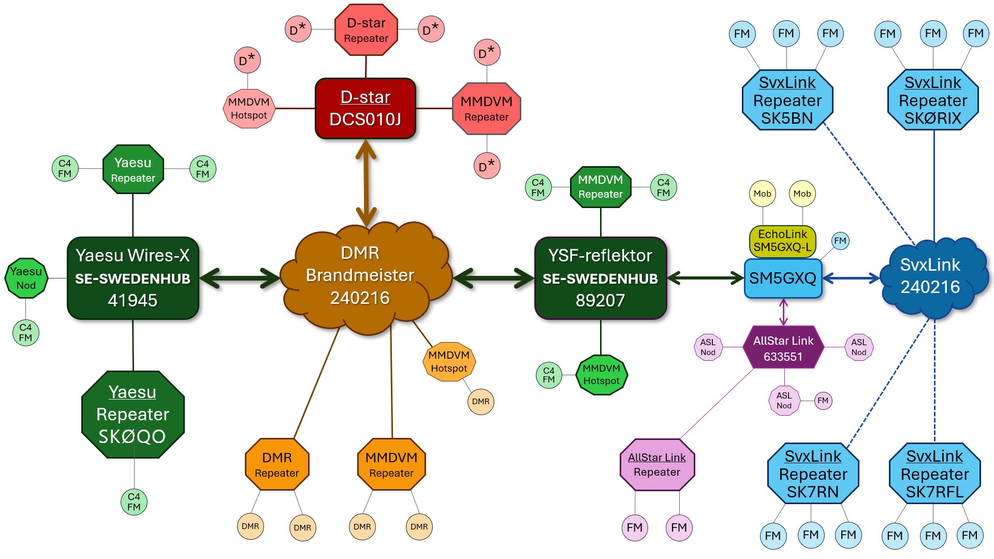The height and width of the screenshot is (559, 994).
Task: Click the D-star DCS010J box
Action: [366, 109]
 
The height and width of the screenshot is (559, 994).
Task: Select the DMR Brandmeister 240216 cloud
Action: [360, 276]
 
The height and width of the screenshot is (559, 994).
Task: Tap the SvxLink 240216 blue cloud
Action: [930, 276]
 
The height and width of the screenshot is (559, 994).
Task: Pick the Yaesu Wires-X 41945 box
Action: [133, 278]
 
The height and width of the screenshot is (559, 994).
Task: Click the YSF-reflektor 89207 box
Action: [601, 278]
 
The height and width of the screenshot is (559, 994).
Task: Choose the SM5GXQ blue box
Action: [783, 278]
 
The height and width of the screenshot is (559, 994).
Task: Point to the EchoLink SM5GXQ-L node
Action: [782, 241]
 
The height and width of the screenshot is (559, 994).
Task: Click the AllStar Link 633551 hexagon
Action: [783, 348]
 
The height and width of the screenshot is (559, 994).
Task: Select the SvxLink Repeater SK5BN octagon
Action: [787, 100]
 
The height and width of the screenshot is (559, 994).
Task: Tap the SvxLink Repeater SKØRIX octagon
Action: [933, 100]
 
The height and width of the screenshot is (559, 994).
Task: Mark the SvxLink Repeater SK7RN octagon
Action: [813, 474]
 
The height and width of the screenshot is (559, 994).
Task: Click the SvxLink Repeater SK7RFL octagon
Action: [934, 474]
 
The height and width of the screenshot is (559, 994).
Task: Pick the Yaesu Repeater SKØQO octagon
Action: [133, 414]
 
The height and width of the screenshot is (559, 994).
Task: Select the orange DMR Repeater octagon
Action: [277, 464]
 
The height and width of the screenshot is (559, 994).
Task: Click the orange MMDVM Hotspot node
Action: [449, 362]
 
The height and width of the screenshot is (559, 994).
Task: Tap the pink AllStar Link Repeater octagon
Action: [657, 464]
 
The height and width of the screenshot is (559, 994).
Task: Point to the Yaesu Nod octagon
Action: [26, 278]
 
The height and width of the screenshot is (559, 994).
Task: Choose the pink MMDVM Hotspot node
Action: [249, 109]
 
